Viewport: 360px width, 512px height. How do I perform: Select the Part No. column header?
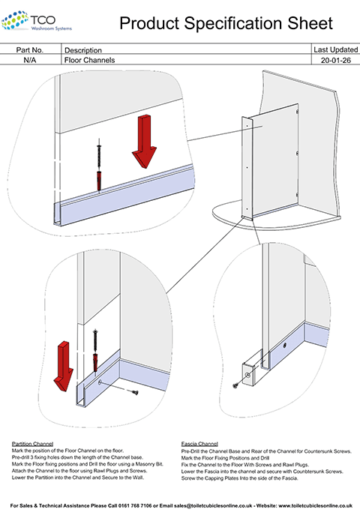point(32,49)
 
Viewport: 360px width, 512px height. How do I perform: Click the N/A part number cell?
point(32,59)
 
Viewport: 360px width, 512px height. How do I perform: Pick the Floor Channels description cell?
point(90,59)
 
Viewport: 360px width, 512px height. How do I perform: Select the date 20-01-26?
point(334,59)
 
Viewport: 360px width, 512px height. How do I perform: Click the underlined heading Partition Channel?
point(31,443)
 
